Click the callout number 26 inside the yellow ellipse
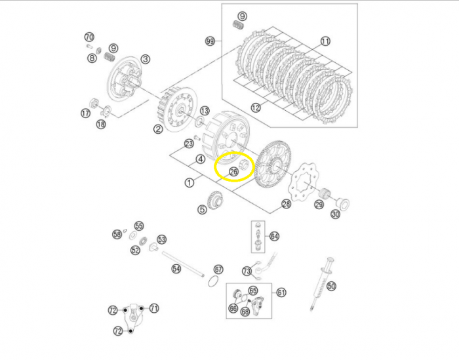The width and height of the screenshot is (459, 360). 233,172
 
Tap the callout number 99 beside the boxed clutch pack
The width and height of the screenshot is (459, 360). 210,41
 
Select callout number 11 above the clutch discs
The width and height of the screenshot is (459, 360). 325,41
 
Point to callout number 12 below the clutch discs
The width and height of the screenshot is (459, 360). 256,108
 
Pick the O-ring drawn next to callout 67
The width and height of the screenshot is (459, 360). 213,281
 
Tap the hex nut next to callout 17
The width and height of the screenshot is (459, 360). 94,103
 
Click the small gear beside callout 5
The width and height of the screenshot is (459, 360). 216,199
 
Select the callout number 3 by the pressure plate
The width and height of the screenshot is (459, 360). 145,59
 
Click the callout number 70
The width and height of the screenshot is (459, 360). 89,37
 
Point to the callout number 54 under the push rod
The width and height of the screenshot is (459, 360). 176,269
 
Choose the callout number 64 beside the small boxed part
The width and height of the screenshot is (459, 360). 274,236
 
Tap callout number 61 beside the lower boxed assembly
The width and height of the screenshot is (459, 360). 281,292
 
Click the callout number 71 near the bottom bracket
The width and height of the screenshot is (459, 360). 154,308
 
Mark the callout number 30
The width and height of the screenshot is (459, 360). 335,214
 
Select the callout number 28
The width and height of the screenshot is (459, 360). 286,204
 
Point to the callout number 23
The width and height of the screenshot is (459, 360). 189,144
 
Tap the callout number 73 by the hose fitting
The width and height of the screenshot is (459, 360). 247,271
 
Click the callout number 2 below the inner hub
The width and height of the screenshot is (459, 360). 158,129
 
